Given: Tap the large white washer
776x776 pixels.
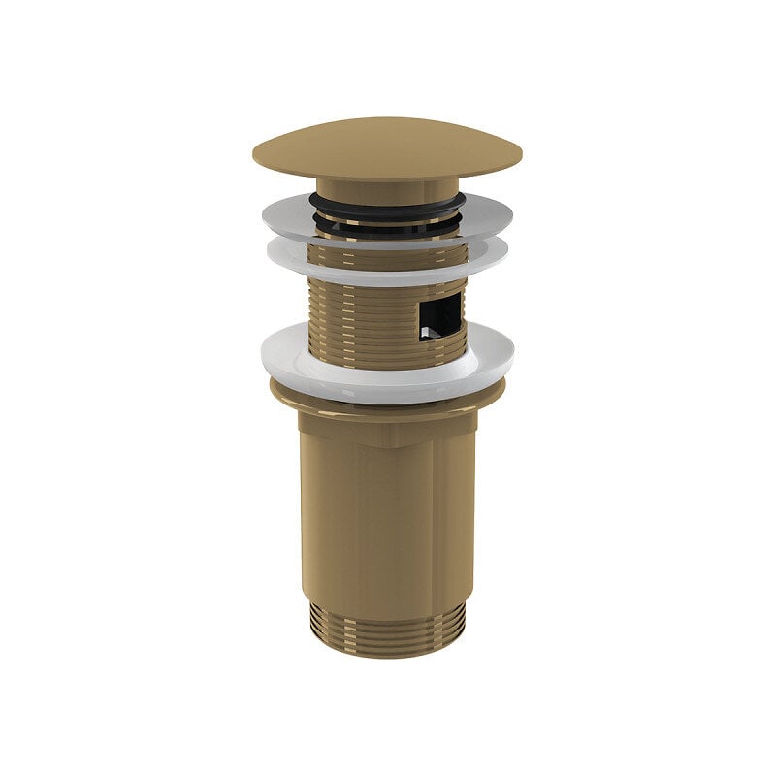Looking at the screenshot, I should point(291,364).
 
